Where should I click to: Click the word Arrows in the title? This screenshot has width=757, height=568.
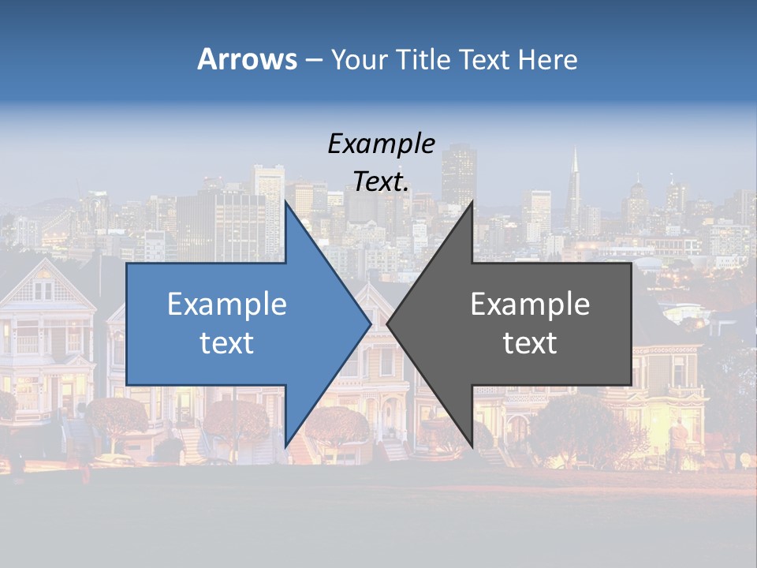coord(246,59)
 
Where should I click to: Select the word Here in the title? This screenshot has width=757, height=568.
coord(548,59)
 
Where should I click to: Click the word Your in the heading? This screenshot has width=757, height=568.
coord(360,59)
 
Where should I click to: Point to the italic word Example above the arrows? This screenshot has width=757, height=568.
coord(381,144)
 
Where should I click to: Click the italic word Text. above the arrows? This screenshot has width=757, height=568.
coord(381,181)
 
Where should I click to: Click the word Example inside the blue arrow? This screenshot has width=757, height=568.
coord(226,304)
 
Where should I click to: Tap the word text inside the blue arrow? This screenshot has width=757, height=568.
coord(226,342)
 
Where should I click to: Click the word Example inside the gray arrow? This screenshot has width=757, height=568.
coord(530,304)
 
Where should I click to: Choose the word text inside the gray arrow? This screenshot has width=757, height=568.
coord(530,342)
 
